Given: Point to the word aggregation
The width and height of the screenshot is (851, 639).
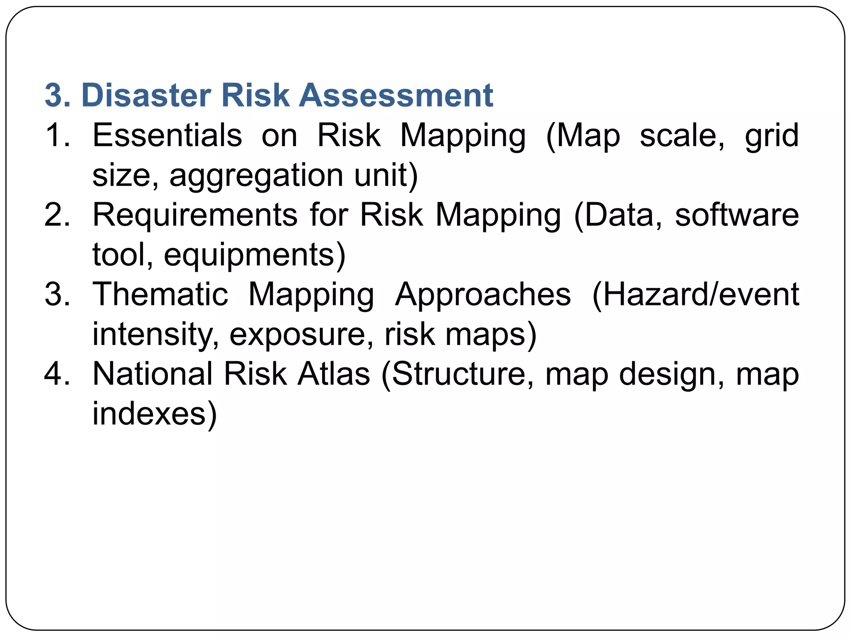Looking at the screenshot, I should pos(256,176).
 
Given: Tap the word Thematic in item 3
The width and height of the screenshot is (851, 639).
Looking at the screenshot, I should pos(160,294).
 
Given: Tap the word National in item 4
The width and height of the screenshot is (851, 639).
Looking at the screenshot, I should pos(152,374).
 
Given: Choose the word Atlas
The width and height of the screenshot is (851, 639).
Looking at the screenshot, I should pos(334,374).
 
